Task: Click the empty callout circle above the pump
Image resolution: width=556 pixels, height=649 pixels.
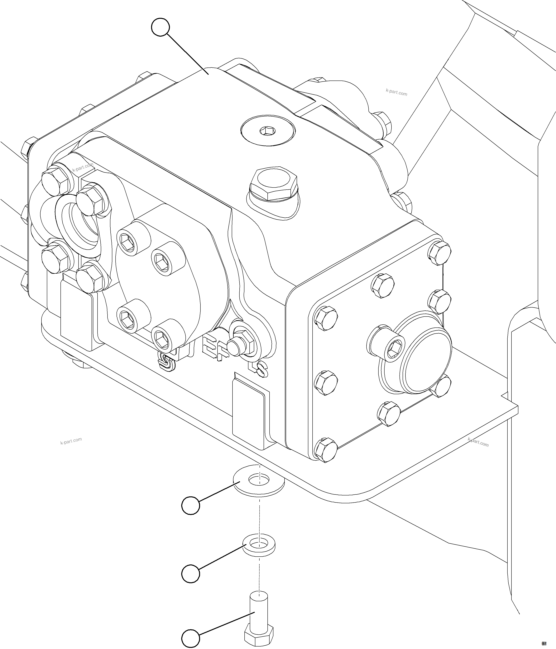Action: [x=160, y=27]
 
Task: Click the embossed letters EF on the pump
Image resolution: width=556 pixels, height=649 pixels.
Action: [x=213, y=349]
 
